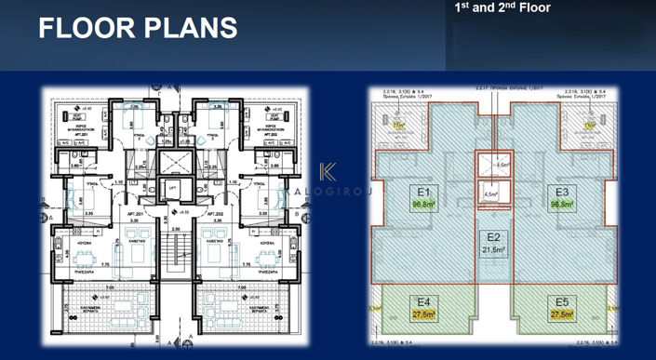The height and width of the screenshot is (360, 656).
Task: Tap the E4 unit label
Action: pyautogui.click(x=422, y=301)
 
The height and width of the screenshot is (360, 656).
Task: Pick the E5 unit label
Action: pyautogui.click(x=560, y=301)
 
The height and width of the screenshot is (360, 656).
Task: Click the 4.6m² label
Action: pyautogui.click(x=500, y=165)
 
